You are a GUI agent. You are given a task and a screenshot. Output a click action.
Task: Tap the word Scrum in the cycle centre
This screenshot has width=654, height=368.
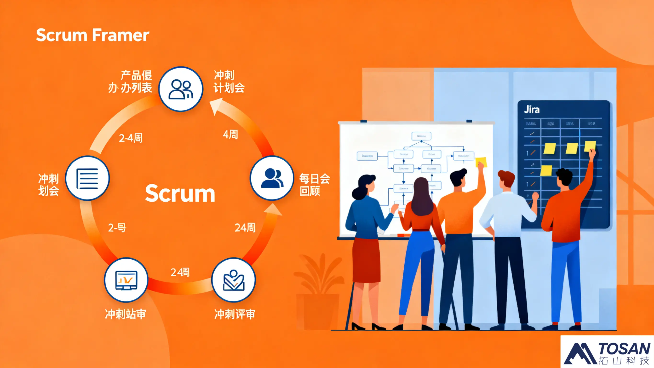(x=180, y=193)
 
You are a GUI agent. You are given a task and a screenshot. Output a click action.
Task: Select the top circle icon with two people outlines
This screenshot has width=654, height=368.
(x=181, y=89)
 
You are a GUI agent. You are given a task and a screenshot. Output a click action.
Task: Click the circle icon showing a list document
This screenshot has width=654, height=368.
(x=87, y=178)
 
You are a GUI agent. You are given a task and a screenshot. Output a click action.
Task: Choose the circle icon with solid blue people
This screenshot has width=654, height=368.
(x=272, y=178)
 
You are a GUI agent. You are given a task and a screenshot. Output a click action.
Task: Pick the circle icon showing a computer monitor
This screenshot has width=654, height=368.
(x=126, y=280)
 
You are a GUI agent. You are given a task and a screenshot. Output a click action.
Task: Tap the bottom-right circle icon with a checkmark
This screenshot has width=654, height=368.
(x=234, y=280)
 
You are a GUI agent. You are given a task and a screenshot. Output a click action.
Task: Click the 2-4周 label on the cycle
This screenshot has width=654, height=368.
(x=131, y=138)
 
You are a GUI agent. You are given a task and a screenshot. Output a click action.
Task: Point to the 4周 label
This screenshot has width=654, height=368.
(x=230, y=134)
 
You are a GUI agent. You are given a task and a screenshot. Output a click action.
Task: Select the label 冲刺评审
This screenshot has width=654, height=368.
(x=235, y=314)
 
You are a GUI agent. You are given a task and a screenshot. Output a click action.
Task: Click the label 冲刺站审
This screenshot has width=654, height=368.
(x=126, y=314)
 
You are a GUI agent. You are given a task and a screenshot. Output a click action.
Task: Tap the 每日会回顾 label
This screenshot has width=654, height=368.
(x=314, y=185)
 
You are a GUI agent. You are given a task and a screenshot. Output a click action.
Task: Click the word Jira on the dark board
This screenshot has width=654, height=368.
(x=532, y=110)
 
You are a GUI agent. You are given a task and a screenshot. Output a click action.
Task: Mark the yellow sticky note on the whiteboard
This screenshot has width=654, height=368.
(x=481, y=162)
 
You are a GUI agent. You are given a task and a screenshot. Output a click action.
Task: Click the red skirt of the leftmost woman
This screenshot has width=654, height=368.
(x=366, y=261)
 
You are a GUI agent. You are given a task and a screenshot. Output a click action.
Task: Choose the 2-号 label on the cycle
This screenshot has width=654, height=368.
(x=117, y=228)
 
